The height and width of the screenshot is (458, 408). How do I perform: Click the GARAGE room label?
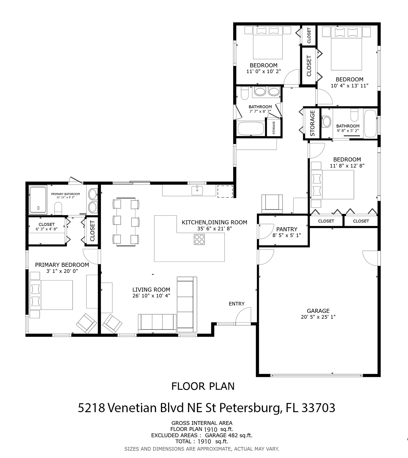(x=318, y=311)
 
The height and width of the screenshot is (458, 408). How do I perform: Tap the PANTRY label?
(x=287, y=229)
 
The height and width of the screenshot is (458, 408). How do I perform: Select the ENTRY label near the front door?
(x=237, y=304)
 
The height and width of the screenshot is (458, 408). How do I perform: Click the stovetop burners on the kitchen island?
(x=199, y=239)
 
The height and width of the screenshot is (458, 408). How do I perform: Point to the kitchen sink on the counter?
(x=197, y=191)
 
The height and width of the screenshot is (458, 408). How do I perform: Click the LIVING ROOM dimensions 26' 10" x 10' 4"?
(x=151, y=296)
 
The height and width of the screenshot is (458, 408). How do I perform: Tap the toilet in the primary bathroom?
(x=58, y=208)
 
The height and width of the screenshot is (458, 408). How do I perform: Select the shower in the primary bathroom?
(x=38, y=199)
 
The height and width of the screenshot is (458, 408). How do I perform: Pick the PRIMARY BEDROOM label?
(x=62, y=265)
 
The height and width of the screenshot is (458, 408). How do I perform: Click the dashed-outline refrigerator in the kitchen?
(x=225, y=191)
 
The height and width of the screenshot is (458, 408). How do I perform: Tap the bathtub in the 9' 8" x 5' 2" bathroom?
(x=370, y=123)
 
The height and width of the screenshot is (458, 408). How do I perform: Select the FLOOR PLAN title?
(x=203, y=386)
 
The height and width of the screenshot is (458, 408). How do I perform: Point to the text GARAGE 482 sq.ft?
(x=229, y=435)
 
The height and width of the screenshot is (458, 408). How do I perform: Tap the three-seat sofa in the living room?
(x=157, y=323)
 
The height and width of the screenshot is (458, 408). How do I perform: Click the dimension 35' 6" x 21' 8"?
(x=214, y=228)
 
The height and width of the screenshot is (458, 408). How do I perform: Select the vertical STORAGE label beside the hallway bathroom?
(x=312, y=123)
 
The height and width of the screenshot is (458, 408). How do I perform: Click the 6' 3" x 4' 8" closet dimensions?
(x=46, y=229)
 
